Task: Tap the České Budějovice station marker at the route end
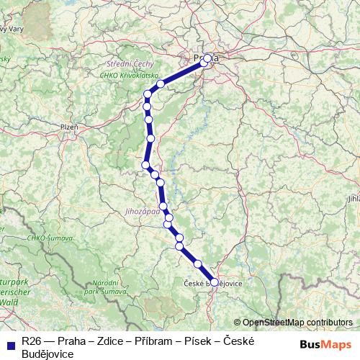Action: [x=214, y=282]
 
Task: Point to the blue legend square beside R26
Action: [x=9, y=340]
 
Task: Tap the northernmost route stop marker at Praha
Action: [x=207, y=58]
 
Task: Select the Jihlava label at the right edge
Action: [x=353, y=197]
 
